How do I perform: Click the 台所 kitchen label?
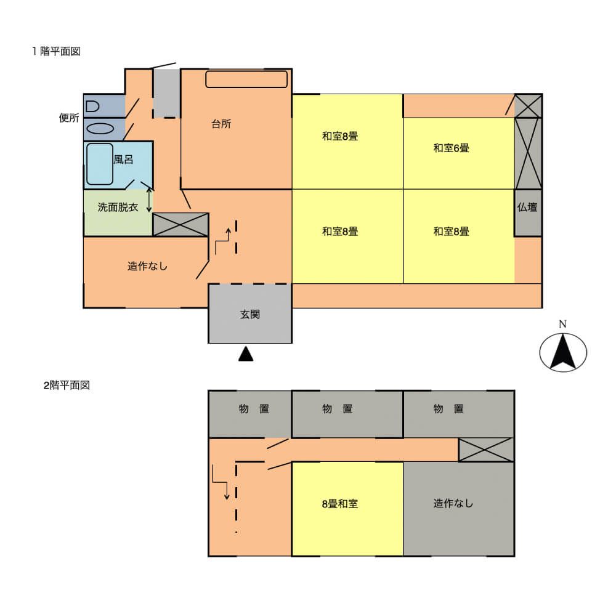click(x=221, y=124)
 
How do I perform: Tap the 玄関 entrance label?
click(x=250, y=314)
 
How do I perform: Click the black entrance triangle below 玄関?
click(x=246, y=353)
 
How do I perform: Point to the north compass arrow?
click(x=563, y=352)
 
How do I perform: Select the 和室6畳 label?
click(x=451, y=148)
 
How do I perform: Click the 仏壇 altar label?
click(x=527, y=207)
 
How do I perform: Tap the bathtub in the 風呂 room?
click(x=100, y=164)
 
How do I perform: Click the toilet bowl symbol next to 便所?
click(x=92, y=107)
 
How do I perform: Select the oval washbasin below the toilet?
click(x=100, y=129)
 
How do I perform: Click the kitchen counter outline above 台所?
click(x=246, y=79)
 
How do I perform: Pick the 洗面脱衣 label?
click(x=118, y=208)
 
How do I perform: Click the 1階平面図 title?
click(x=56, y=52)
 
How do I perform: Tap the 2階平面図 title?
click(x=67, y=386)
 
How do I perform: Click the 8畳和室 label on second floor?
click(x=340, y=504)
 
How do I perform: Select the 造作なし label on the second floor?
click(x=453, y=504)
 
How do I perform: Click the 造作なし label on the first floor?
click(x=147, y=266)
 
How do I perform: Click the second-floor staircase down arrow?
click(x=221, y=482)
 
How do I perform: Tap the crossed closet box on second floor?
click(x=486, y=450)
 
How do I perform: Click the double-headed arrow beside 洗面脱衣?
click(x=149, y=200)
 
